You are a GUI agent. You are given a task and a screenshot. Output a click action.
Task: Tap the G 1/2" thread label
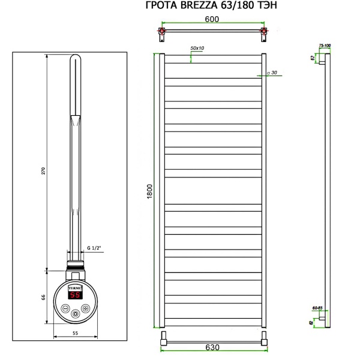pos(95,247)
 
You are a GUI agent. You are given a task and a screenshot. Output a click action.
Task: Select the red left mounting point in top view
pos(161,30)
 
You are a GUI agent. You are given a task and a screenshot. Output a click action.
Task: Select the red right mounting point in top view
pos(262,30)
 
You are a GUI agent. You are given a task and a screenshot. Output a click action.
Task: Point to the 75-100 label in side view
pos(325,45)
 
